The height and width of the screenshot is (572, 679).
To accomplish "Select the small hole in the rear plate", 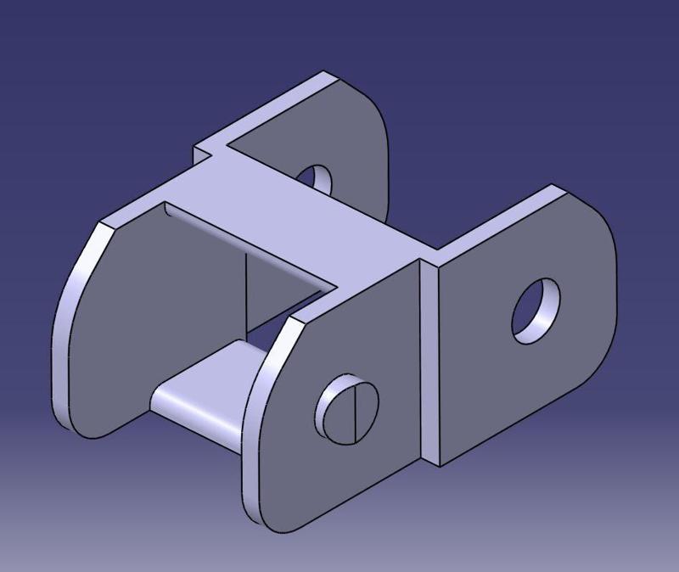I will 319,177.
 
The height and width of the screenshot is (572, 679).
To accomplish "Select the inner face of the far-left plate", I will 153,322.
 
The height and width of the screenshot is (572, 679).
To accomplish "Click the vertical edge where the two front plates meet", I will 422,356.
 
